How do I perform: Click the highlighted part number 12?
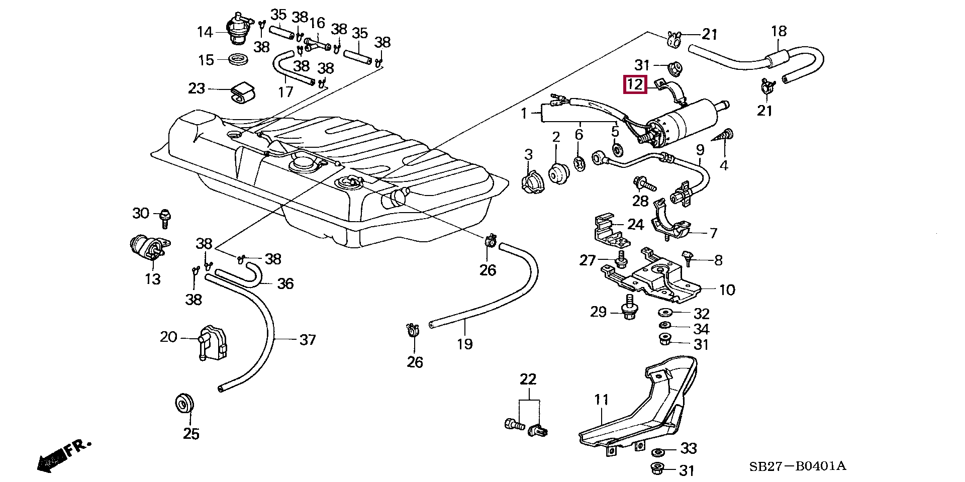coord(634,84)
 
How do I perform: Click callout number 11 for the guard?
coord(602,400)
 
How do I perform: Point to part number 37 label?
coord(308,340)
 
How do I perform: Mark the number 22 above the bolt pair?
coord(528,379)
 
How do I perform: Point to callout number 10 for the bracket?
coord(727,290)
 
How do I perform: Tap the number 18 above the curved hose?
coord(779,31)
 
